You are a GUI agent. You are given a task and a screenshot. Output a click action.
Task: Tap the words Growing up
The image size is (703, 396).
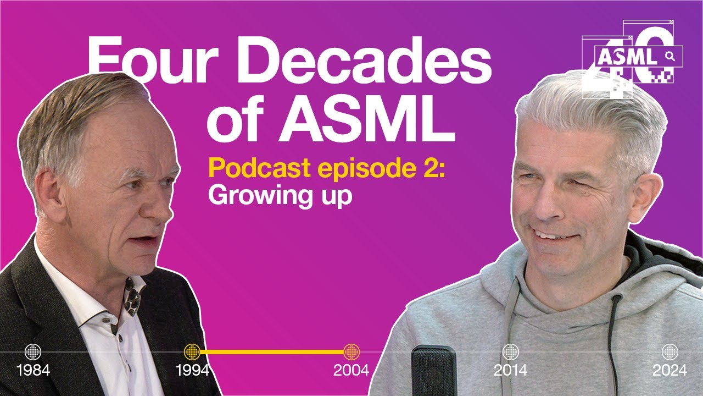pyautogui.click(x=280, y=195)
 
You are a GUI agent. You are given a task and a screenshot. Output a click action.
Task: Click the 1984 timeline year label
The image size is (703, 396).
pyautogui.click(x=33, y=370)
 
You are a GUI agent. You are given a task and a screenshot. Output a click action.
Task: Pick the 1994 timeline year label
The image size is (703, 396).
pyautogui.click(x=192, y=370)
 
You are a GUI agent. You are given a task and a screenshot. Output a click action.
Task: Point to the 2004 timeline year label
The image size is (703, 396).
pyautogui.click(x=351, y=370)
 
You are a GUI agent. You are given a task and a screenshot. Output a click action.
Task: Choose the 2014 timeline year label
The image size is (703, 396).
pyautogui.click(x=511, y=370)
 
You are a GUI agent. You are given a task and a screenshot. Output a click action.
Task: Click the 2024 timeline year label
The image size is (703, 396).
pyautogui.click(x=669, y=370)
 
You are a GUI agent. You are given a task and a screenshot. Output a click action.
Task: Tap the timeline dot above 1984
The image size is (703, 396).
pyautogui.click(x=33, y=351)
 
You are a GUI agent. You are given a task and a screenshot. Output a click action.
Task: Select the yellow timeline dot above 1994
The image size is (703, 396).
pyautogui.click(x=192, y=351)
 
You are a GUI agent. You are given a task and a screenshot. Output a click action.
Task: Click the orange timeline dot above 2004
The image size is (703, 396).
pyautogui.click(x=351, y=351)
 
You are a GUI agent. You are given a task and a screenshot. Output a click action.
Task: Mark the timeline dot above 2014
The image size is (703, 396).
pyautogui.click(x=511, y=351)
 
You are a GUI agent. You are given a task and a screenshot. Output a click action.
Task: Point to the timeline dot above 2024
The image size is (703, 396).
pyautogui.click(x=669, y=351)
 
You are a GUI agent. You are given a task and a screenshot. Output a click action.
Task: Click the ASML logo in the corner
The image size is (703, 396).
pyautogui.click(x=632, y=58)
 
